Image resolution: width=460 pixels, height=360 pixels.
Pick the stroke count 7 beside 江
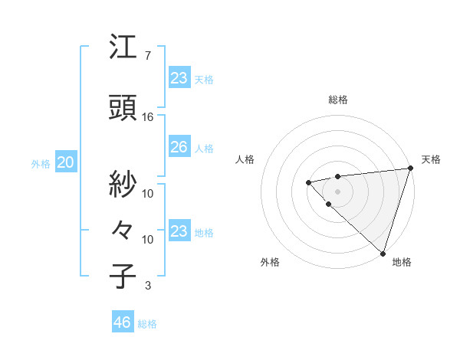147,56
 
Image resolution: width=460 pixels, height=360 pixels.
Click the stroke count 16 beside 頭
148,117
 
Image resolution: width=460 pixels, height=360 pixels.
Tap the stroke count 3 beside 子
147,286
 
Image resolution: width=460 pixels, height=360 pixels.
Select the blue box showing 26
179,147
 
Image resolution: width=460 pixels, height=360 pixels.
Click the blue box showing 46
122,322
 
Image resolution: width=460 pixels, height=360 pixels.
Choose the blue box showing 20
65,162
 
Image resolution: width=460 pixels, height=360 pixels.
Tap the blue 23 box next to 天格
179,77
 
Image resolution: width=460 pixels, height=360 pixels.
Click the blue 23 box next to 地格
179,231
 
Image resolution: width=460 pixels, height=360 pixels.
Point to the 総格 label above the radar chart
338,100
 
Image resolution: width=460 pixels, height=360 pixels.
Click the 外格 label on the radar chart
270,262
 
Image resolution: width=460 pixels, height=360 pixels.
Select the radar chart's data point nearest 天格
409,169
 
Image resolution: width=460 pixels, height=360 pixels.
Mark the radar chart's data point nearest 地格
381,251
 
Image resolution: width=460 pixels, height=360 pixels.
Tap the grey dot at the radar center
337,190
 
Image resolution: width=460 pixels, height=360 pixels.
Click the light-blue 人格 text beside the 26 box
204,148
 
